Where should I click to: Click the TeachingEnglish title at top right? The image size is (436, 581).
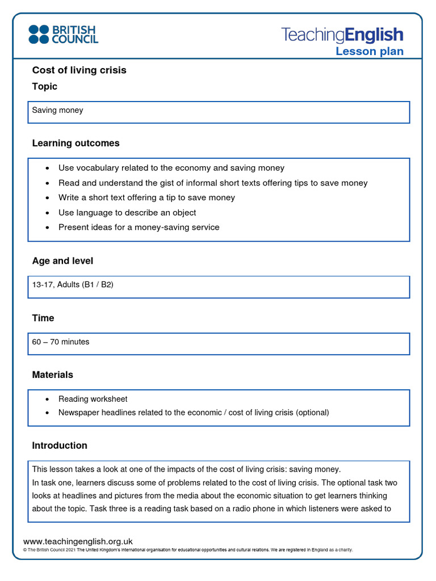(342, 35)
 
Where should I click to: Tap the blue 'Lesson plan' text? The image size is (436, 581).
(370, 52)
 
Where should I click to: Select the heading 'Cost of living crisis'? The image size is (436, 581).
(79, 70)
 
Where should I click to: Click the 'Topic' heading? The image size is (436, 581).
(45, 87)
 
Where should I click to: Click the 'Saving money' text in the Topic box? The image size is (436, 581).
(57, 110)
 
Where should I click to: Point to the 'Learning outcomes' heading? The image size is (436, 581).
(76, 144)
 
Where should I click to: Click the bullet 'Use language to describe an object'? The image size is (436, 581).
(127, 213)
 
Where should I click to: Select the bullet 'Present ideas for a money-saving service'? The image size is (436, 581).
(139, 228)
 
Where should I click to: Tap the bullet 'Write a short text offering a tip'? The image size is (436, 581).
(146, 198)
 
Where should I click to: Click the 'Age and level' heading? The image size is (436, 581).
(62, 261)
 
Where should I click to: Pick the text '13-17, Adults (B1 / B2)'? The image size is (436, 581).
(73, 285)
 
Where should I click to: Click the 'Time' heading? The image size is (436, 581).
(43, 318)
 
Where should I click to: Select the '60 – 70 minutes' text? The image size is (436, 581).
(61, 342)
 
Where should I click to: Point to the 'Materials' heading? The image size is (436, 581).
(53, 375)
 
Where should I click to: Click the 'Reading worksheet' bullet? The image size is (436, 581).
(93, 399)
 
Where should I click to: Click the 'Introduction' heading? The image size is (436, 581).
(60, 446)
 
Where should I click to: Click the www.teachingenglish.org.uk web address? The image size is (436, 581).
(78, 542)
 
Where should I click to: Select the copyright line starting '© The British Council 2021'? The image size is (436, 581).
(187, 550)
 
